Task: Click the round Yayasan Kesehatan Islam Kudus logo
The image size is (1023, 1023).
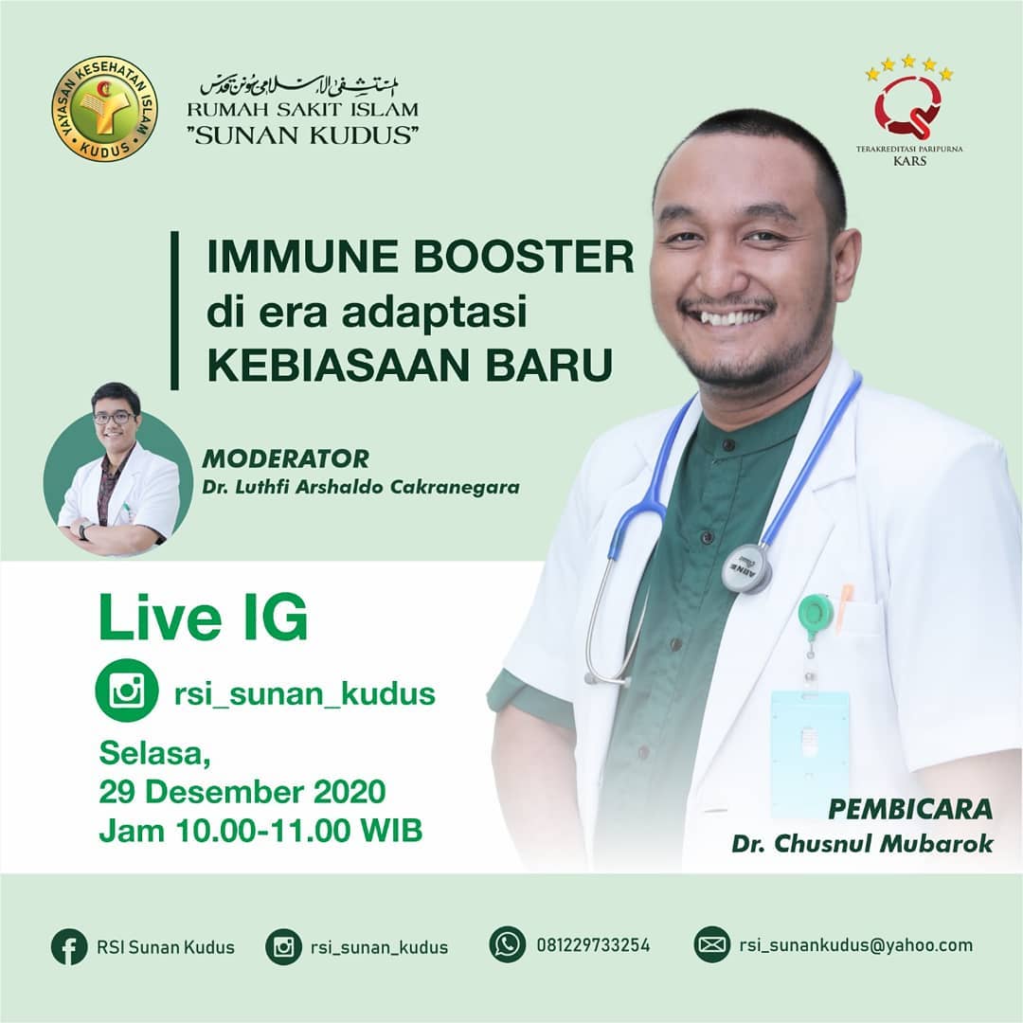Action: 104,108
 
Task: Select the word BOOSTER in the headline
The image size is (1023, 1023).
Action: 523,257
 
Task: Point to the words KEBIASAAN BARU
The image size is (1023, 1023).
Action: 410,366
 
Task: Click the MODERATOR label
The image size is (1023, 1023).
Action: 286,458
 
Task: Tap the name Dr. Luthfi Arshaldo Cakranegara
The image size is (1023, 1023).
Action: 361,487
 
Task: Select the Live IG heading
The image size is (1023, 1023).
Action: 203,618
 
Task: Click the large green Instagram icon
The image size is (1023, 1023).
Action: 127,691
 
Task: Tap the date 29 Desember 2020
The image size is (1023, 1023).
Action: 242,792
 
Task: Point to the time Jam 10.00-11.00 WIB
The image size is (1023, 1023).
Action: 261,831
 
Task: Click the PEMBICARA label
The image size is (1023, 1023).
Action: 910,809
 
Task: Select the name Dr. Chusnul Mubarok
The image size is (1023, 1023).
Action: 863,844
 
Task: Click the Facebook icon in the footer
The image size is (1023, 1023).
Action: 69,946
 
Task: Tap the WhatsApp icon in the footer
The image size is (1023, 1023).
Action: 508,944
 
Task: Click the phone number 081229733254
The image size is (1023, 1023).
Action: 593,945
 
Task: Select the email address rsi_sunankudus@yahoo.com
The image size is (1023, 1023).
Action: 856,945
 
